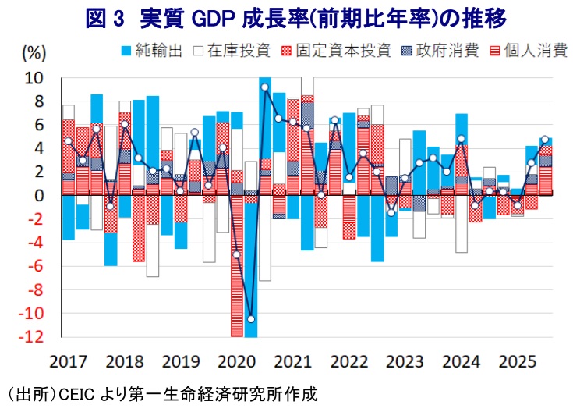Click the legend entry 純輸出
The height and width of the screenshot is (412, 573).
(152, 51)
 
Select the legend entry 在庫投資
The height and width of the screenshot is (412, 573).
(232, 51)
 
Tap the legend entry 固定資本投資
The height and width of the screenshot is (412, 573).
(336, 51)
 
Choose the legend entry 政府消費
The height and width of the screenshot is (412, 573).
(440, 51)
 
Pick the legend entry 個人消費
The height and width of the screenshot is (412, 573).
(529, 51)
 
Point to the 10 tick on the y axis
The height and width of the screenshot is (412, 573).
(34, 78)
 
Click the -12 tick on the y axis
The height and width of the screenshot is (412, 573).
(30, 336)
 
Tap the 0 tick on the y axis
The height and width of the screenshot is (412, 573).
(39, 196)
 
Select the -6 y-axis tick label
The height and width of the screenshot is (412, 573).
(35, 266)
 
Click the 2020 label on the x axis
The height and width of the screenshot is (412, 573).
(236, 362)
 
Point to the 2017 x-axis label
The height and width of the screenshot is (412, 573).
(68, 362)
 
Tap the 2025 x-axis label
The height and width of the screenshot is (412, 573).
(517, 362)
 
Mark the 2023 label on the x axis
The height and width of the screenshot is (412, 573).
(405, 362)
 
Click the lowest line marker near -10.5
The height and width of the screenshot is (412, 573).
(251, 319)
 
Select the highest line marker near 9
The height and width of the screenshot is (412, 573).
(265, 87)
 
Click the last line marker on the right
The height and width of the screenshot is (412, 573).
(545, 140)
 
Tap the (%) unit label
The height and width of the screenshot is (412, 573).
(34, 52)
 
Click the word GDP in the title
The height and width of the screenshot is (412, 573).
(213, 19)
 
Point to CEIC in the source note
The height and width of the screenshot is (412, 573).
(76, 395)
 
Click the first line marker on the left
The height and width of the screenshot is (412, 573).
(69, 141)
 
